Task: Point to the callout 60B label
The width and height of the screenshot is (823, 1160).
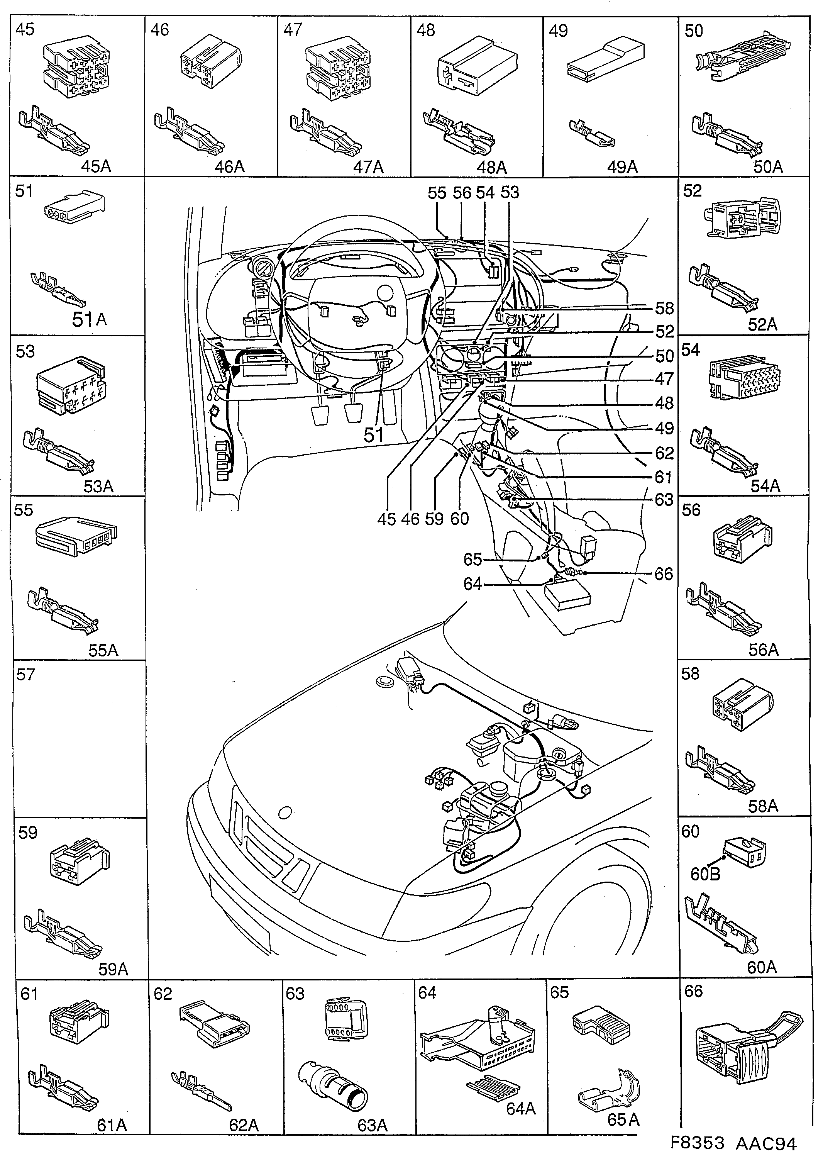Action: tap(705, 874)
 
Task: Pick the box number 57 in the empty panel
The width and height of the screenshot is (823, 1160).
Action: tap(26, 675)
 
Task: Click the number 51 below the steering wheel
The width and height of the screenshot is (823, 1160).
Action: tap(374, 434)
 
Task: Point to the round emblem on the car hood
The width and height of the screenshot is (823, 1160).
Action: tap(285, 812)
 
